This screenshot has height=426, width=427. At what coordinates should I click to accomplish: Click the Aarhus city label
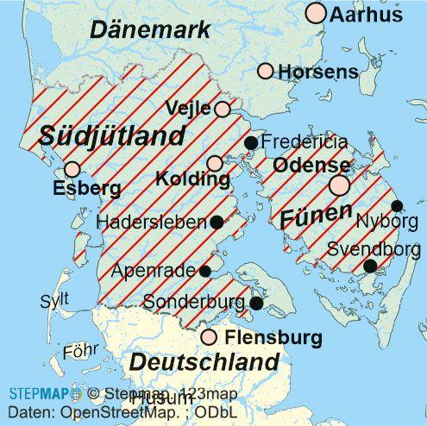pos(367,15)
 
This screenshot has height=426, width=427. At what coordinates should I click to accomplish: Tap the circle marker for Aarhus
pos(317,13)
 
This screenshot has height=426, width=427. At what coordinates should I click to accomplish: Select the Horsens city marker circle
pos(266,71)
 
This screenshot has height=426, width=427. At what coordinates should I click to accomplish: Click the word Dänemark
pos(150,31)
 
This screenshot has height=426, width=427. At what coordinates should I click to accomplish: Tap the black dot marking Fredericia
pos(250,142)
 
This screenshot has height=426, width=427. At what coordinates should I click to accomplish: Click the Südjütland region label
pos(111,135)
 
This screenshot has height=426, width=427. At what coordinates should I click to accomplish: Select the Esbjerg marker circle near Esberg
pos(72,168)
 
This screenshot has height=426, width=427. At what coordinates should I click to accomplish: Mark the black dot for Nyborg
pos(397,205)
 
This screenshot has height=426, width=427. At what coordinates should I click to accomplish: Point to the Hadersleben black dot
pos(217,222)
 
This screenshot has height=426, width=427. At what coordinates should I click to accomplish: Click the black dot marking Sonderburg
pos(256,303)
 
